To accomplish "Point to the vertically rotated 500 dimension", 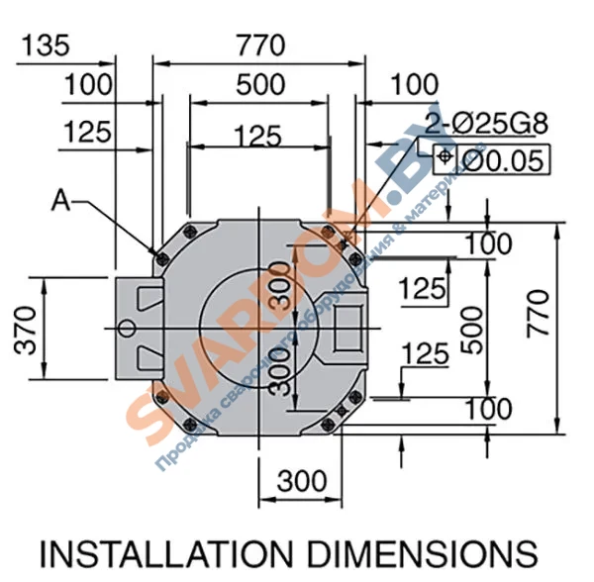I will pyautogui.click(x=473, y=328).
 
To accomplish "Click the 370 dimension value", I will pyautogui.click(x=25, y=328).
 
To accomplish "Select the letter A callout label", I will pyautogui.click(x=61, y=201).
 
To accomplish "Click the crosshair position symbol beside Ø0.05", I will pyautogui.click(x=445, y=158).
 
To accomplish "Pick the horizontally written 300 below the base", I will pyautogui.click(x=301, y=481).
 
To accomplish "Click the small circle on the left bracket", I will pyautogui.click(x=126, y=327).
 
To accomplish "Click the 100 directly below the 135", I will pyautogui.click(x=88, y=85).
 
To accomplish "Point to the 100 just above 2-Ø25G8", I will pyautogui.click(x=414, y=85).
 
